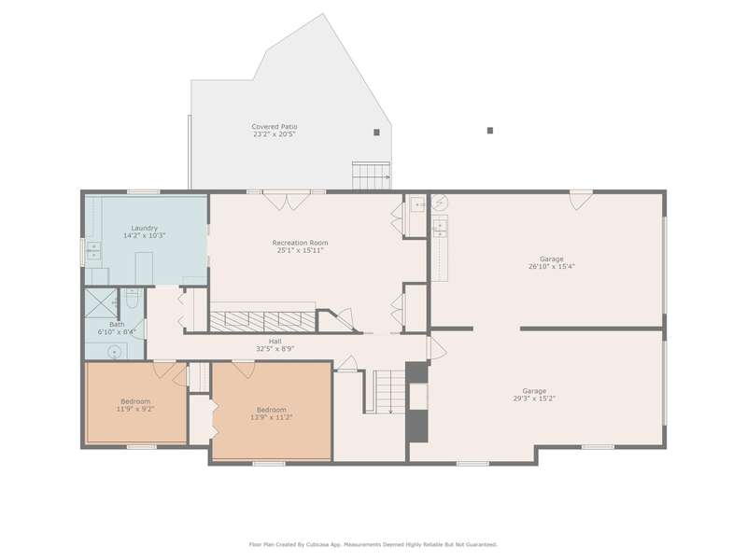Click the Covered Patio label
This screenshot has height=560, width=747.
275,127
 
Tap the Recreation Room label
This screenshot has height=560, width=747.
300,243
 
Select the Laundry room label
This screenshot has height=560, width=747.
145,228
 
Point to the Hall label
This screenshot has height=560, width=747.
275,341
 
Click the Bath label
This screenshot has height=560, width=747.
117,324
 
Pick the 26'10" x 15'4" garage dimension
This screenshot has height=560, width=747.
552,267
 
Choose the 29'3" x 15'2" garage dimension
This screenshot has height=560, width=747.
534,399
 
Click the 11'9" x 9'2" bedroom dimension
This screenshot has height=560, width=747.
135,409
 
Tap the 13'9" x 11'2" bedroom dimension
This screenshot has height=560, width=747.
272,417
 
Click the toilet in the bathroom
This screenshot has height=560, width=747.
132,298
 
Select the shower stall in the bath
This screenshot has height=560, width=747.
101,302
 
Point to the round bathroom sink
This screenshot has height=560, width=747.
114,353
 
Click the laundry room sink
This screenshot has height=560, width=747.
93,250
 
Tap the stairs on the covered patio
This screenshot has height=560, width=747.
371,175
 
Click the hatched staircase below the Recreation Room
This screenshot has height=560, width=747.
263,321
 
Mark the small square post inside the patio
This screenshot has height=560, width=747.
376,133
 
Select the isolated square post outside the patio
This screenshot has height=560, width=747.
489,131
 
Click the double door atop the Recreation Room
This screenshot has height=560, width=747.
286,201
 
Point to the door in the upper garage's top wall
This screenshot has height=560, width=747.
581,200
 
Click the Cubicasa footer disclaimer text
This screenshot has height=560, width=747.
373,544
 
